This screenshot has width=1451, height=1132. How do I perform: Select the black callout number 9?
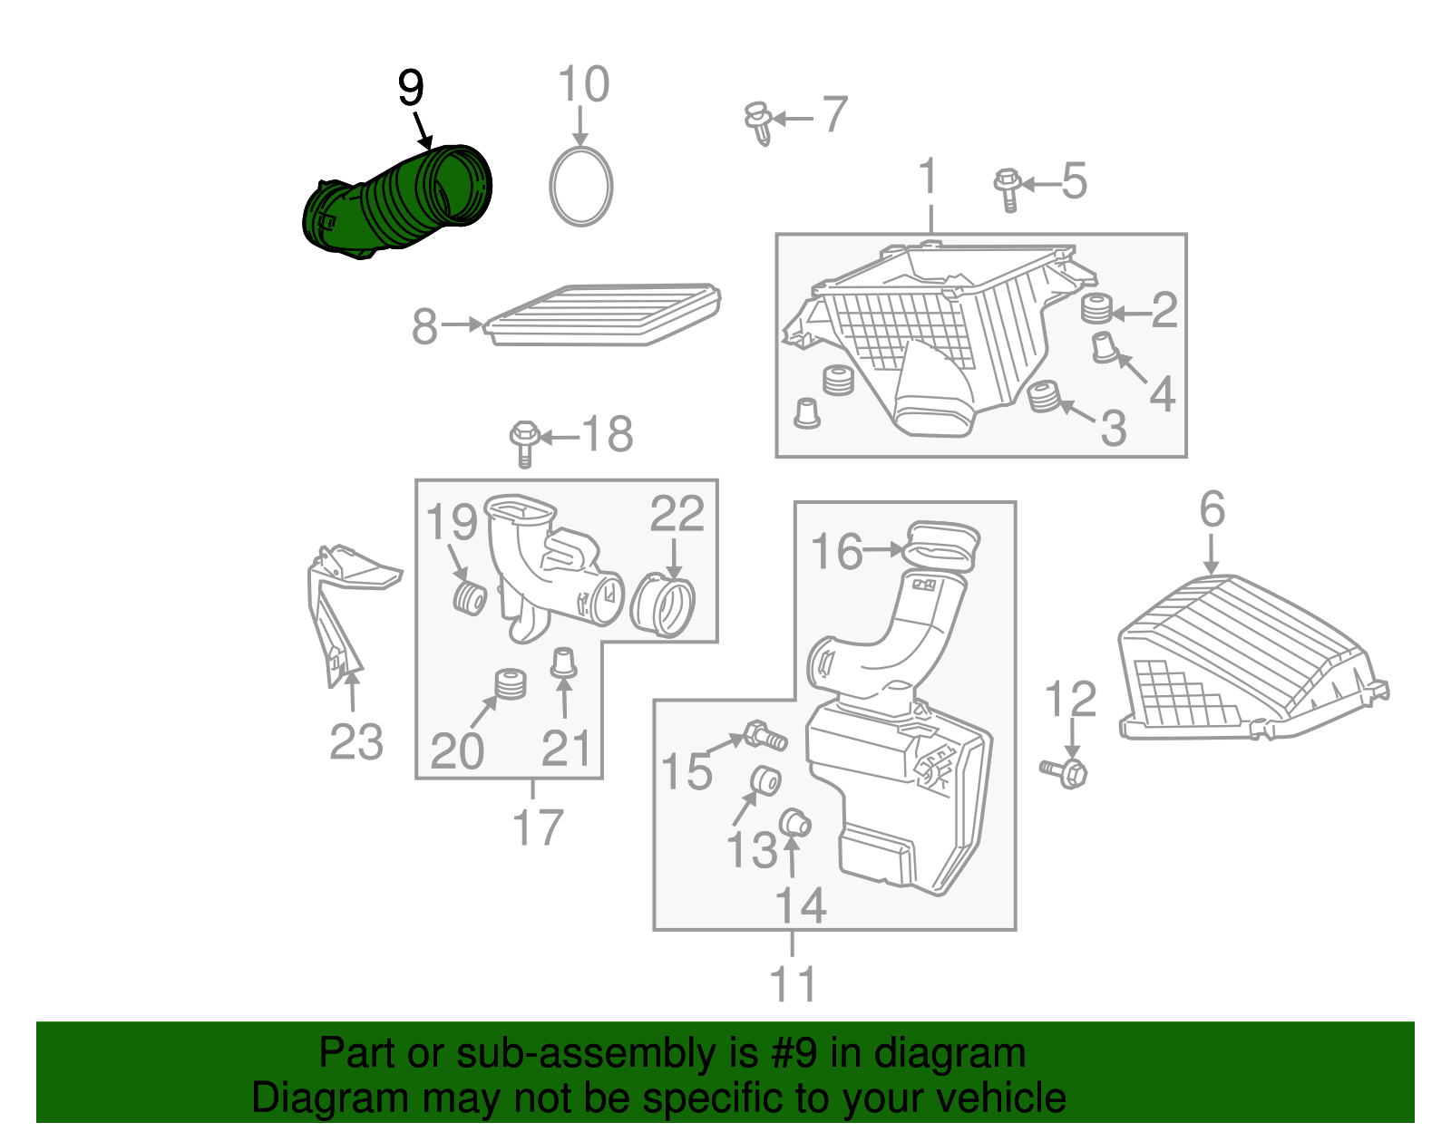(x=411, y=89)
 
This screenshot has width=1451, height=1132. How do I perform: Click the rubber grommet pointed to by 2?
(x=1097, y=310)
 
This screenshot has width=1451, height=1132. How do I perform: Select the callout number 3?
(x=1114, y=427)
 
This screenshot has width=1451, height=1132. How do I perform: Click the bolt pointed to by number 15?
(x=764, y=735)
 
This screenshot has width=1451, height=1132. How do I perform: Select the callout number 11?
(x=793, y=984)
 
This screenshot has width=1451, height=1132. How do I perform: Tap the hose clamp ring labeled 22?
(x=662, y=605)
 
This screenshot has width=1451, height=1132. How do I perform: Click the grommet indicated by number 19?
(x=469, y=598)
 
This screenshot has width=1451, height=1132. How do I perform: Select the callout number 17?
(x=537, y=827)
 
